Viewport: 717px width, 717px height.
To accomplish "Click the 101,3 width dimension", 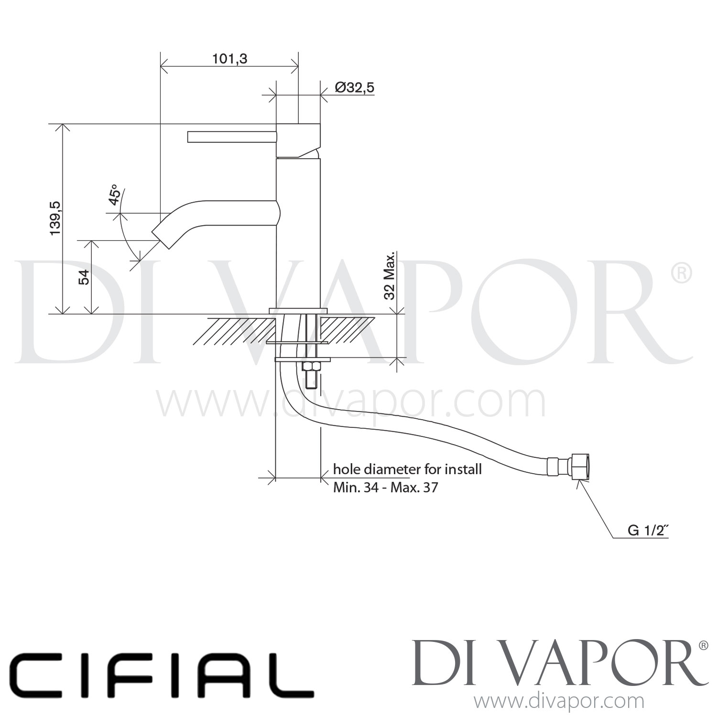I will (x=229, y=59).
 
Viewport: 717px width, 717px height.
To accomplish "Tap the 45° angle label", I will (x=114, y=195).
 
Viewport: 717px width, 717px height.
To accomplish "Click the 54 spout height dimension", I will (x=84, y=277).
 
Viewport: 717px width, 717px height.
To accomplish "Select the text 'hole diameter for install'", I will (x=407, y=469).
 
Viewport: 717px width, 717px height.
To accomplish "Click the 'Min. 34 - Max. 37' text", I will (x=385, y=488).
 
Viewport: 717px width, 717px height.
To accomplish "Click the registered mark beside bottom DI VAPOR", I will (x=703, y=645).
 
